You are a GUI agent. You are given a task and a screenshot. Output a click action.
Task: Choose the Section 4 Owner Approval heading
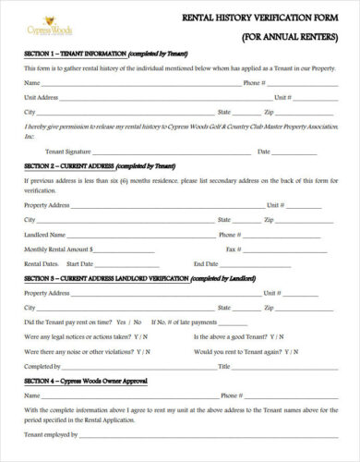tap(85, 381)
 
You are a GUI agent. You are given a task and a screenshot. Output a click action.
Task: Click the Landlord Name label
tap(44, 235)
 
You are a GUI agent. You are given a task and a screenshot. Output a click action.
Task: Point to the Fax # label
tap(233, 249)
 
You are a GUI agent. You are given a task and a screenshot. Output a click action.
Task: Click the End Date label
tap(205, 263)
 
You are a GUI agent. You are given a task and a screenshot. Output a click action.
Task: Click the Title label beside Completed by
tap(222, 366)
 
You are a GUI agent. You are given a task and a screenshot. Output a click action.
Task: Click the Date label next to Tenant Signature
tap(264, 151)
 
